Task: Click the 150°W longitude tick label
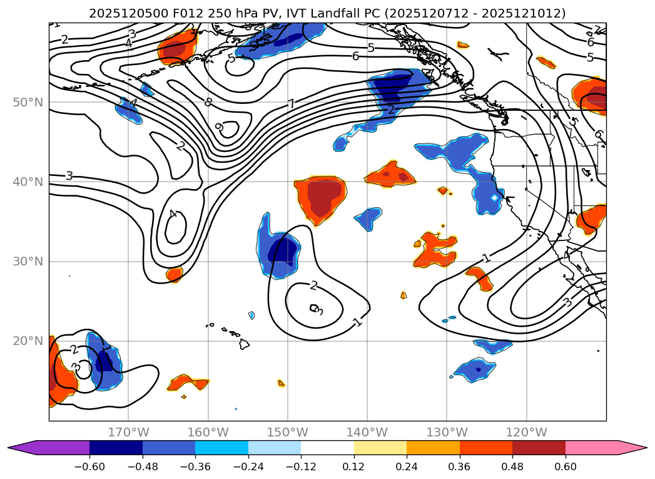pyautogui.click(x=288, y=432)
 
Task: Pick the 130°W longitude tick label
pyautogui.click(x=447, y=432)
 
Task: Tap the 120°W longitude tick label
pyautogui.click(x=526, y=432)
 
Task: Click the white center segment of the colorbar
pyautogui.click(x=327, y=447)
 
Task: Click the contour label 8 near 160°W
pyautogui.click(x=208, y=102)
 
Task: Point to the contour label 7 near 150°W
pyautogui.click(x=291, y=104)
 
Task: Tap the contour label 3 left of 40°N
pyautogui.click(x=69, y=176)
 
